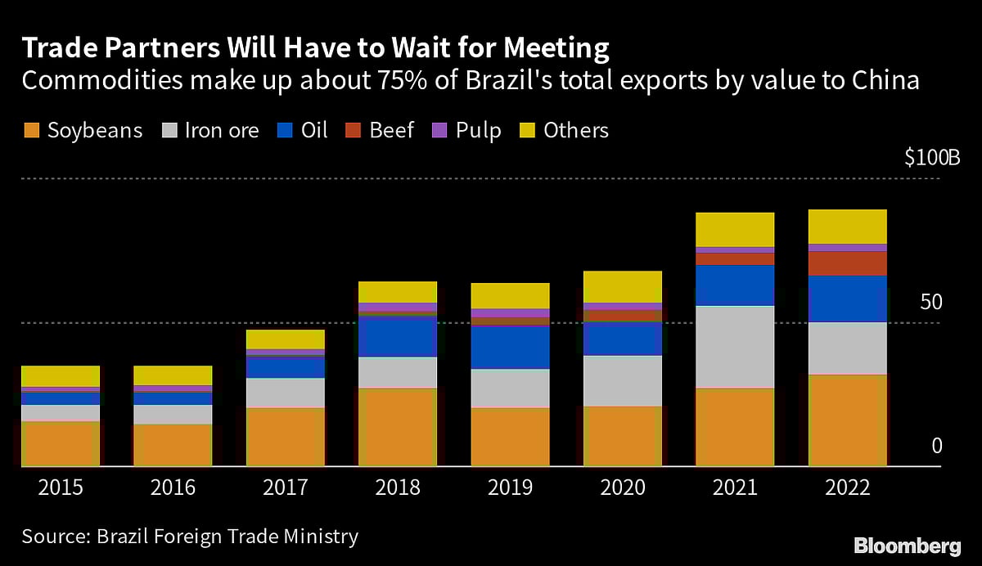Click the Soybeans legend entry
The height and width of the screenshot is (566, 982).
point(82,130)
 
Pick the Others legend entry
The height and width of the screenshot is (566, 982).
point(564,130)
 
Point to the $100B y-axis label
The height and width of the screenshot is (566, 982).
point(932,159)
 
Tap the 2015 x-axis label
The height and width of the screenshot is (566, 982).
point(61,488)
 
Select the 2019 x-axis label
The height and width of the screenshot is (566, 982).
point(510,488)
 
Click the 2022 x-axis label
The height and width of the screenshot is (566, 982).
point(847,488)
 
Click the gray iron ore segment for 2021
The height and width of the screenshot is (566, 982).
point(735,347)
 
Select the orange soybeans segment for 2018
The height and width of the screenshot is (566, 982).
point(398,427)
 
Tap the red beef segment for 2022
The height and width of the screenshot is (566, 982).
point(847,263)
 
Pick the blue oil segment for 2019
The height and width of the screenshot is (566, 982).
point(510,347)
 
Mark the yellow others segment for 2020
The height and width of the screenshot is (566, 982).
point(623,286)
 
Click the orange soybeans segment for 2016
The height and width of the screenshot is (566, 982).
point(173,445)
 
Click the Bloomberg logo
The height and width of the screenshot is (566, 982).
point(908,546)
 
